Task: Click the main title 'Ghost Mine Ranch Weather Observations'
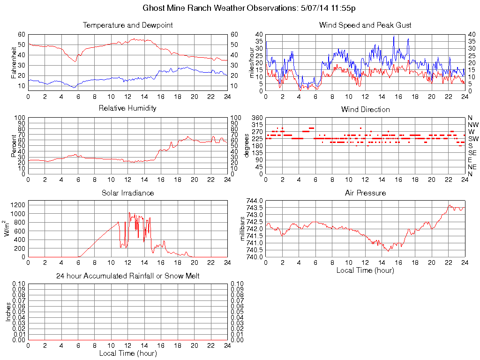click(249, 8)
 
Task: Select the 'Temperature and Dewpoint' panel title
click(127, 25)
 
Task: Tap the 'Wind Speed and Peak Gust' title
click(365, 25)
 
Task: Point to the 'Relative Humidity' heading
click(127, 108)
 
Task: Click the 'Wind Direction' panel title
click(365, 109)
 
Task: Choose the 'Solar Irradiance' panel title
click(127, 193)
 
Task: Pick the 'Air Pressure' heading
click(365, 193)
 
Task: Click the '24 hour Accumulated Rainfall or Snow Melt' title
click(127, 276)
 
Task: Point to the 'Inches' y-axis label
click(8, 312)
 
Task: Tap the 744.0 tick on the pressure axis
click(255, 201)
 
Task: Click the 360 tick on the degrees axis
click(256, 118)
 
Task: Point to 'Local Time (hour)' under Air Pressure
click(365, 270)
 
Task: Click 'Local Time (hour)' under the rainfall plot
click(127, 353)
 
